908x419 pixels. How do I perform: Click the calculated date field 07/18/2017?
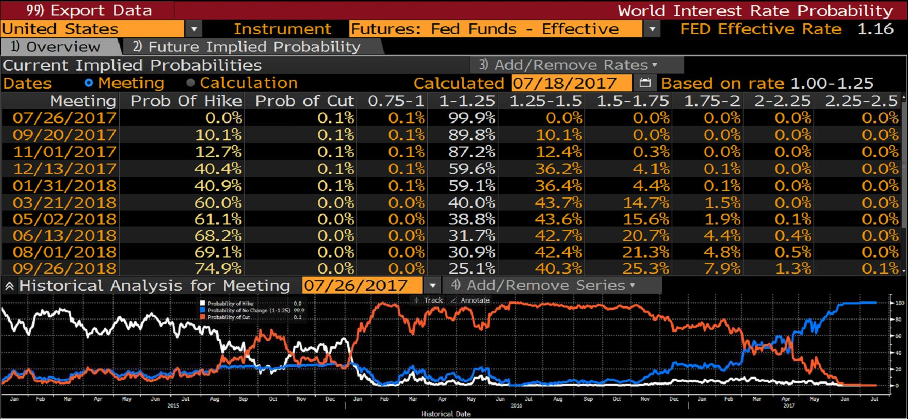coord(571,83)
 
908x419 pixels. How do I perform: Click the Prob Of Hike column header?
coord(186,101)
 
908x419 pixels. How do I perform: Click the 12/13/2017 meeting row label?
coord(64,169)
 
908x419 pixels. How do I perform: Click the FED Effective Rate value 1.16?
coord(875,29)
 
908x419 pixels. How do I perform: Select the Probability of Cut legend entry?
coord(229,317)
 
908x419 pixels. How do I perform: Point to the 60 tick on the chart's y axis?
coord(899,336)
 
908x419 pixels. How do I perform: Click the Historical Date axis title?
coord(446,414)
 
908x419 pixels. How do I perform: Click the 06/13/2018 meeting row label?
coord(64,236)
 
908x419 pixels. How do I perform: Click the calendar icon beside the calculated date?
coord(645,83)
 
